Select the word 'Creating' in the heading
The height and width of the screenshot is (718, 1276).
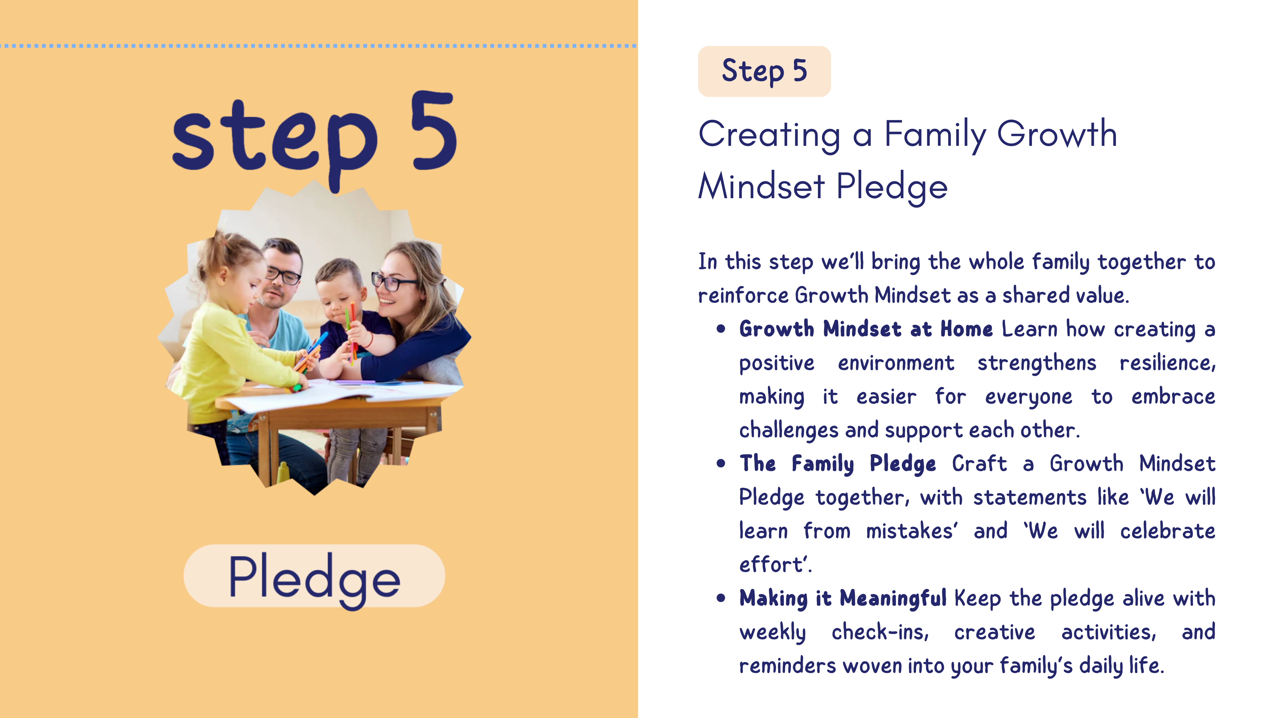[x=769, y=135]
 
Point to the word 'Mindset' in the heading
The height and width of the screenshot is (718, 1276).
[x=761, y=186]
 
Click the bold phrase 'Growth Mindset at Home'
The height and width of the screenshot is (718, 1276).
[x=866, y=329]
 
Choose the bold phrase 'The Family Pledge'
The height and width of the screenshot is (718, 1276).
[x=838, y=464]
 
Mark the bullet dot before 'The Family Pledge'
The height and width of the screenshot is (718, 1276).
[x=721, y=464]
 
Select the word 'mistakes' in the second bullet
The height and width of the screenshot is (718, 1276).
[x=910, y=531]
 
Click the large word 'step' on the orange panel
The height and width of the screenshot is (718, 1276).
[x=274, y=144]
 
